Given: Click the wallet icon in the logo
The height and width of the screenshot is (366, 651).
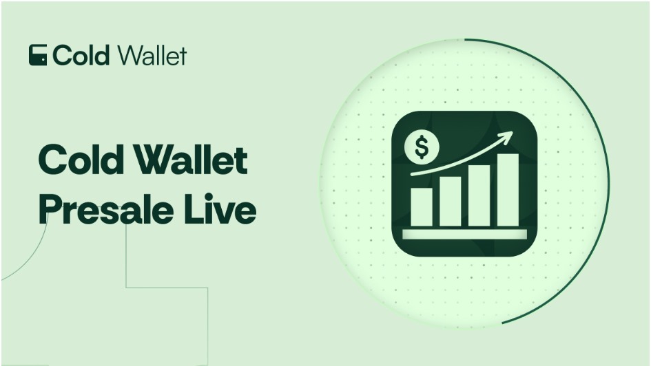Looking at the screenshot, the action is [x=38, y=55].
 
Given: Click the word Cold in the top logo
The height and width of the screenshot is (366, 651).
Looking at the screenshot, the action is [x=81, y=55].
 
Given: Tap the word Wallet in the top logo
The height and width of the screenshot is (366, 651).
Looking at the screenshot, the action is [x=152, y=55].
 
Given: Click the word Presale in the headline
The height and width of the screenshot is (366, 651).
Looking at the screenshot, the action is [x=106, y=209].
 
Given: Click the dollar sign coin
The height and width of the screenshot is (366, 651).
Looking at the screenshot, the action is [x=422, y=147].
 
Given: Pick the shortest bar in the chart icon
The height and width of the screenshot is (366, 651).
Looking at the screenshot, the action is [x=422, y=207].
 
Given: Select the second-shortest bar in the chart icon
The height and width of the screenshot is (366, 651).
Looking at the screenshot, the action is [x=450, y=202].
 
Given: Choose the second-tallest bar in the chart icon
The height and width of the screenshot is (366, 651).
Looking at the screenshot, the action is [x=479, y=195].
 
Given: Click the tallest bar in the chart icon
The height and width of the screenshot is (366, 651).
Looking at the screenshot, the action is [x=507, y=190].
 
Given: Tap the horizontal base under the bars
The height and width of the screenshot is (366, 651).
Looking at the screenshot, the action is [x=464, y=234].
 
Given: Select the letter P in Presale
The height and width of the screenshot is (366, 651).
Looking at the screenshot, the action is [x=50, y=209].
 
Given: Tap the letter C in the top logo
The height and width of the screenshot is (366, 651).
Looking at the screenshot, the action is [x=62, y=55].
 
